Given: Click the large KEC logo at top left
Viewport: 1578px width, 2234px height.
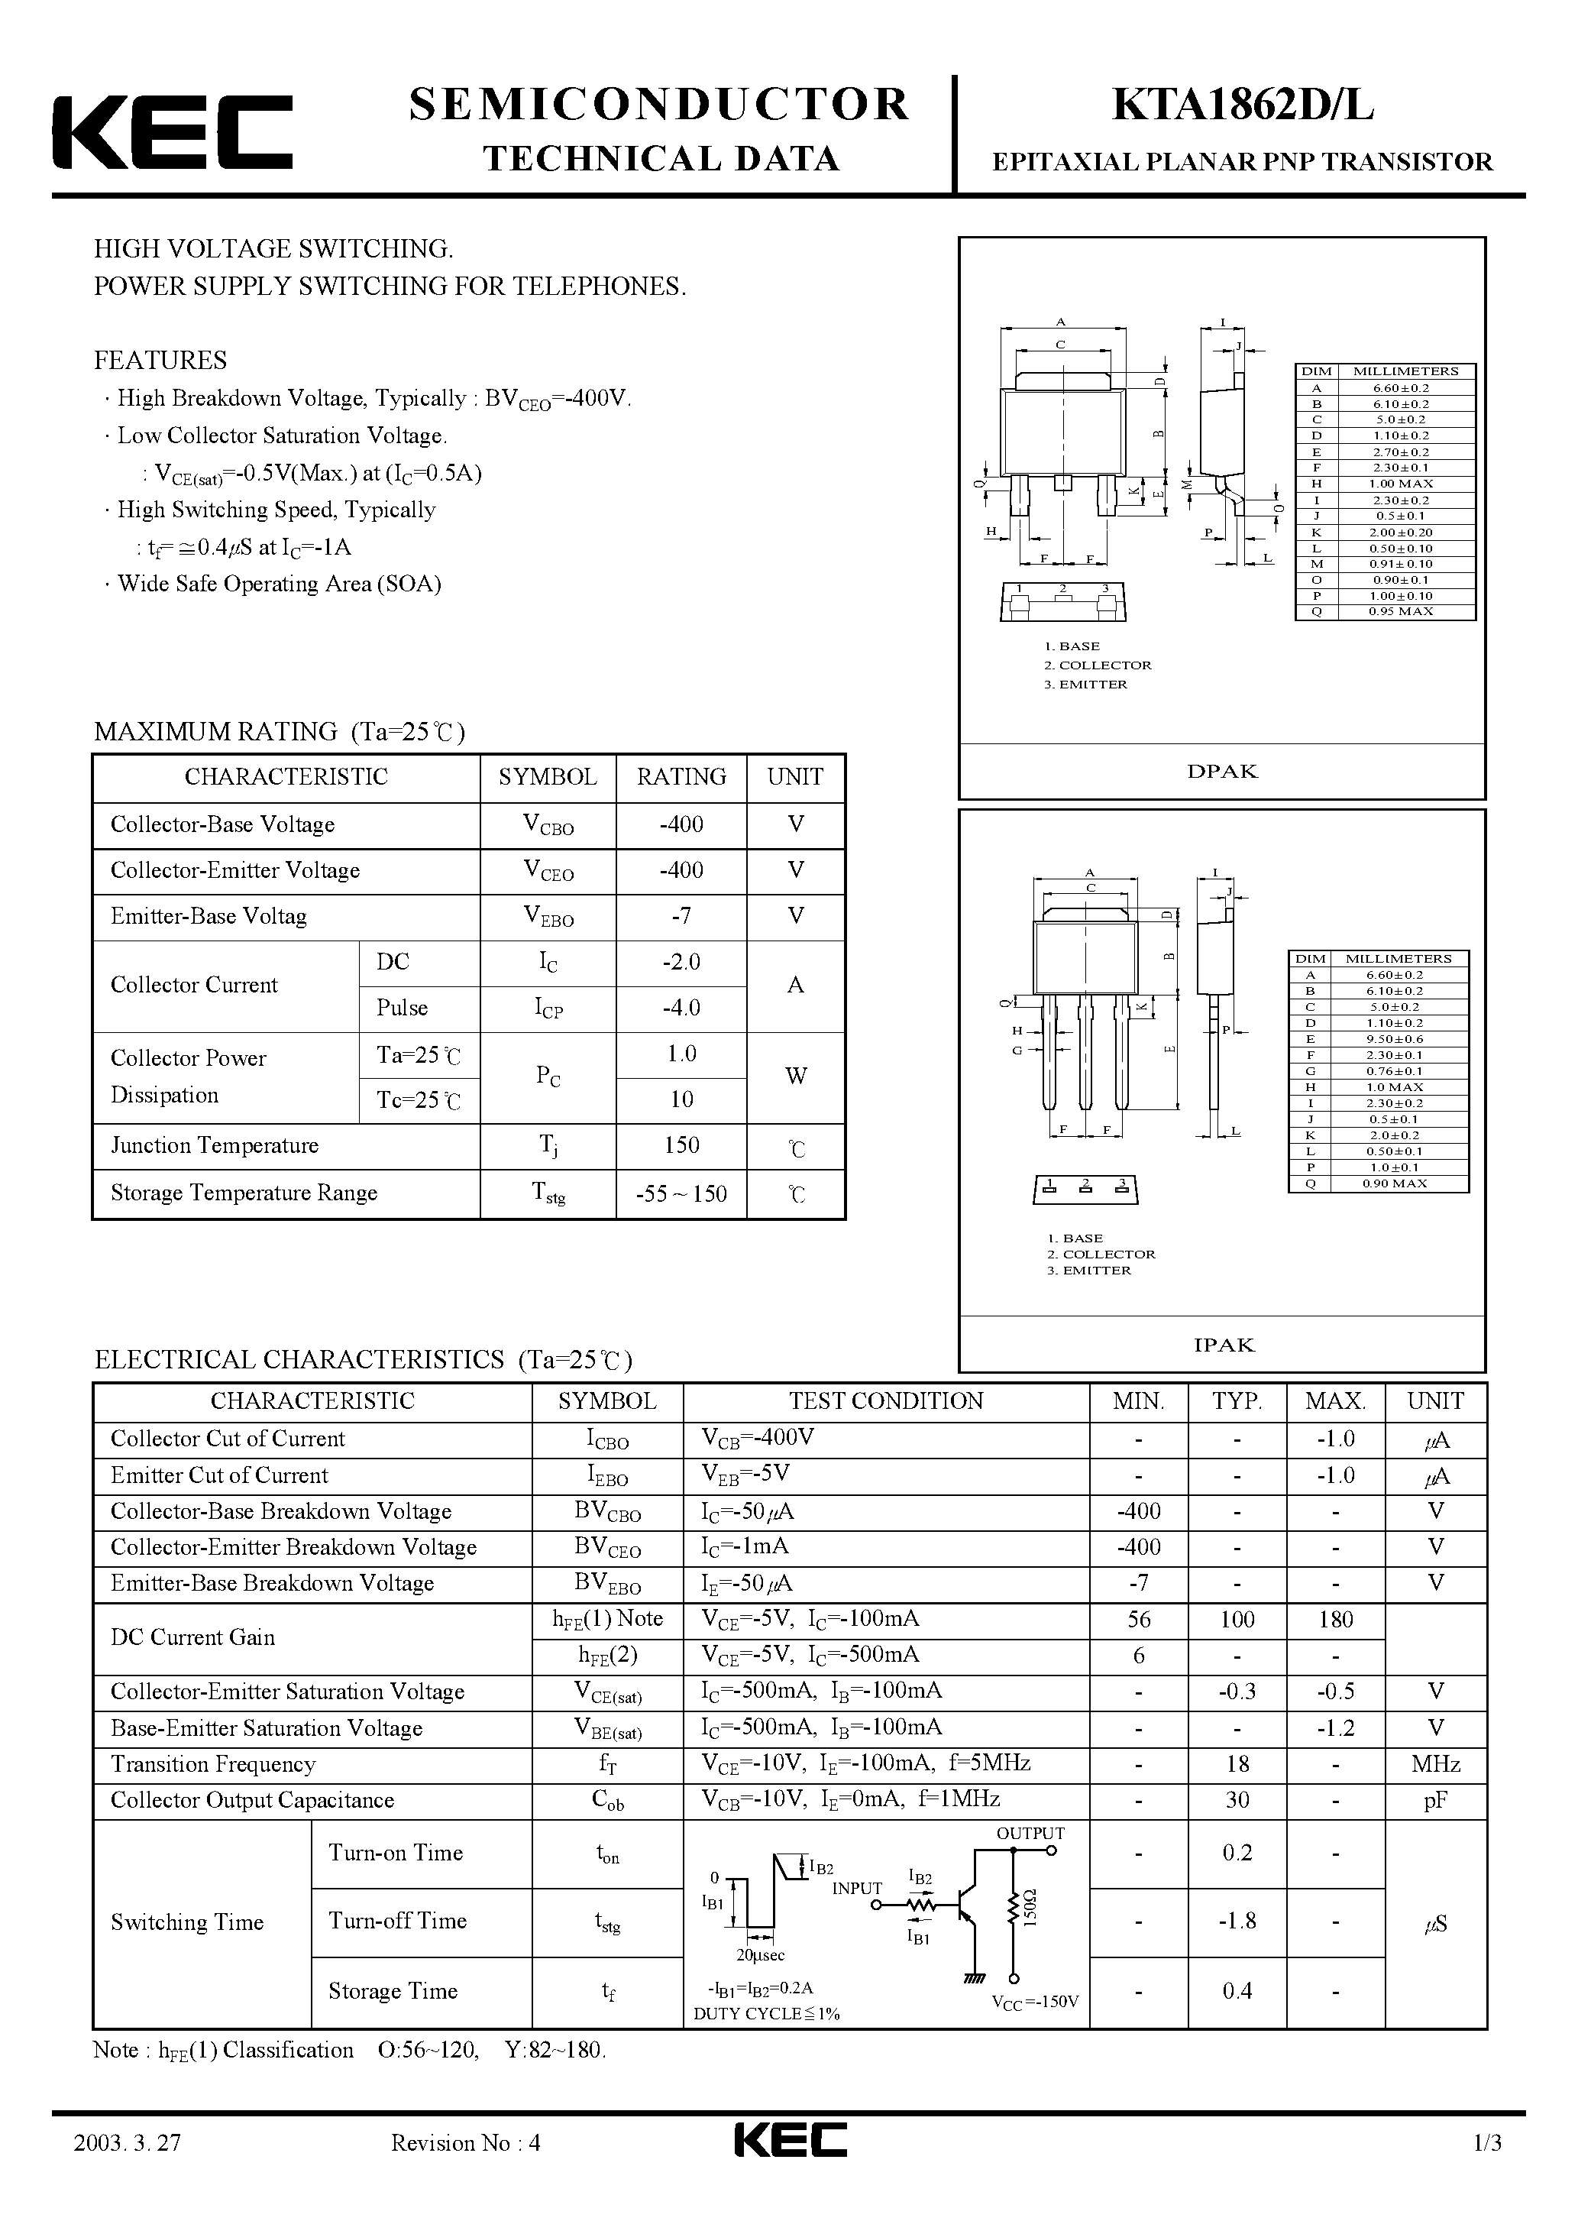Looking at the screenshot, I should coord(171,133).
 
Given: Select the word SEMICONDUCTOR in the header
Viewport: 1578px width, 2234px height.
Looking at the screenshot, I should coord(658,104).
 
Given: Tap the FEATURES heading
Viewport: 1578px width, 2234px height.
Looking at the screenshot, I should coord(160,360).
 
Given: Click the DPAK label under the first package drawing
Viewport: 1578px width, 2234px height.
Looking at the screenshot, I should coord(1222,772).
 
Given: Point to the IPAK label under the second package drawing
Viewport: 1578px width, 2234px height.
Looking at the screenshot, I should coord(1224,1345).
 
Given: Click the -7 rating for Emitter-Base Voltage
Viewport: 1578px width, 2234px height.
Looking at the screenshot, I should coord(681,915).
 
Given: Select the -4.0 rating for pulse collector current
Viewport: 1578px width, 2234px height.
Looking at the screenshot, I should coord(681,1007).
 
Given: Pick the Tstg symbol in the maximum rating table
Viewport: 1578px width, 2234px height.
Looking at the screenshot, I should coord(548,1194).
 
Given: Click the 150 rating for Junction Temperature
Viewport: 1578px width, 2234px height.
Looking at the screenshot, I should coord(681,1145).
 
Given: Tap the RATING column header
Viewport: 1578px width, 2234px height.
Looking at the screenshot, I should coord(681,776).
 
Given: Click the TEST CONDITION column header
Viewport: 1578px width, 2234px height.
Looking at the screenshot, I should coord(885,1401).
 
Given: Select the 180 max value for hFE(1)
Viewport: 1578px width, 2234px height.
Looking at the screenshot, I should coord(1336,1620).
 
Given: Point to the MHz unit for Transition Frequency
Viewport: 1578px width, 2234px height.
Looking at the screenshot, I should coord(1435,1764).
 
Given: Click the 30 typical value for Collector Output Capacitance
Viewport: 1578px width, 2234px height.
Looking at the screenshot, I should coord(1237,1800).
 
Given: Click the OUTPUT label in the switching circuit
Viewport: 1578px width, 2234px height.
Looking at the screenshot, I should coord(1030,1833).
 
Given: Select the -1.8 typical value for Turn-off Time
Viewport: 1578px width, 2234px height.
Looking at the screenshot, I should coord(1237,1921).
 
